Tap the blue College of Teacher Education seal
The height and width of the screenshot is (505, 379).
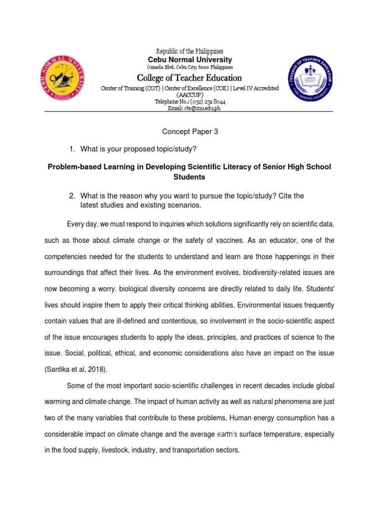[x=310, y=79]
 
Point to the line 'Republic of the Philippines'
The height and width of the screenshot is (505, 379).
[x=189, y=51]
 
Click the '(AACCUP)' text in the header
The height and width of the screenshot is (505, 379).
[x=189, y=95]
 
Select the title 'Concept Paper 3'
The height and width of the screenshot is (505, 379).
[x=189, y=132]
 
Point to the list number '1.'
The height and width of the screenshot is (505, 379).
[x=72, y=149]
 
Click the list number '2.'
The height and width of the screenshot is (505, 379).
[x=72, y=196]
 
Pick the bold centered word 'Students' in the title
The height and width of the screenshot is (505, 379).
[x=189, y=177]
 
